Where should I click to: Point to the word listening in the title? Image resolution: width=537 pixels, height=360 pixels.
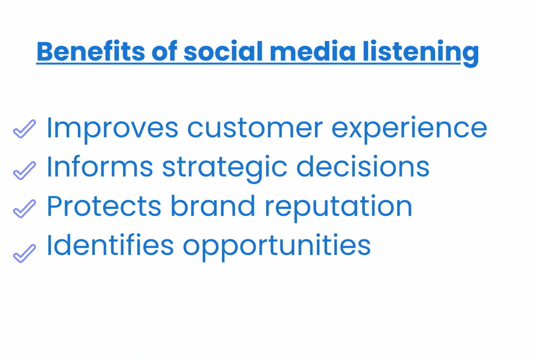(x=421, y=53)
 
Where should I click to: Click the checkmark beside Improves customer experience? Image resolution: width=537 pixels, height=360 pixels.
(x=24, y=129)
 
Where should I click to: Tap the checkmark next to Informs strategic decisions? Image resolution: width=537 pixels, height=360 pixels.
(x=24, y=170)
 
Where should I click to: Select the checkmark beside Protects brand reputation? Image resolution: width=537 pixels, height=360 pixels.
(x=24, y=208)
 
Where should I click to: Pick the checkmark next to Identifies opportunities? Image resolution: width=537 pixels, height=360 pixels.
(x=24, y=253)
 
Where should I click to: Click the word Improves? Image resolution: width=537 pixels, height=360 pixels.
(x=112, y=130)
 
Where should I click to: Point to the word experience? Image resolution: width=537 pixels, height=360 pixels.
(x=409, y=130)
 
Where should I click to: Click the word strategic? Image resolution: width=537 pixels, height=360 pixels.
(x=225, y=169)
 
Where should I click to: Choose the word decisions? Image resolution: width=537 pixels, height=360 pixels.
(x=363, y=166)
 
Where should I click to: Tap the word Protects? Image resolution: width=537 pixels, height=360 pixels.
(x=104, y=206)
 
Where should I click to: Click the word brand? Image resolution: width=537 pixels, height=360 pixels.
(x=213, y=205)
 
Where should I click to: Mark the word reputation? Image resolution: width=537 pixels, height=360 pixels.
(x=339, y=208)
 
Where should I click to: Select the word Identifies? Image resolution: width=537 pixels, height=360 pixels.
(x=110, y=245)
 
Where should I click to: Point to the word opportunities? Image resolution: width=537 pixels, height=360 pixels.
(x=277, y=247)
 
